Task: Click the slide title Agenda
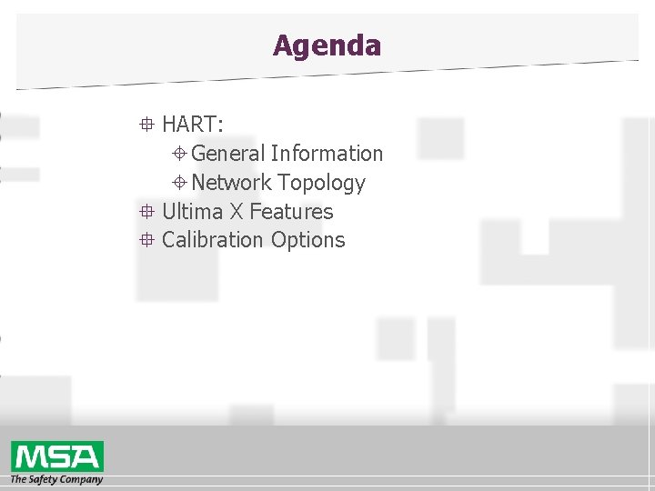(327, 45)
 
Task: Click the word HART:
(193, 125)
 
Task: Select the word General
(227, 154)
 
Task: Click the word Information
(327, 154)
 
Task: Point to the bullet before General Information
(180, 154)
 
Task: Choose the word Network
(231, 183)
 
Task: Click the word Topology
(321, 184)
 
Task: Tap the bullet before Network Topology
(180, 183)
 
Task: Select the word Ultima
(192, 212)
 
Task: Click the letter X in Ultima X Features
(236, 212)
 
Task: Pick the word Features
(291, 212)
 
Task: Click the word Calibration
(213, 240)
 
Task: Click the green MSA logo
(57, 456)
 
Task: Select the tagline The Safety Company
(56, 479)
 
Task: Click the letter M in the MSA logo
(30, 456)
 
